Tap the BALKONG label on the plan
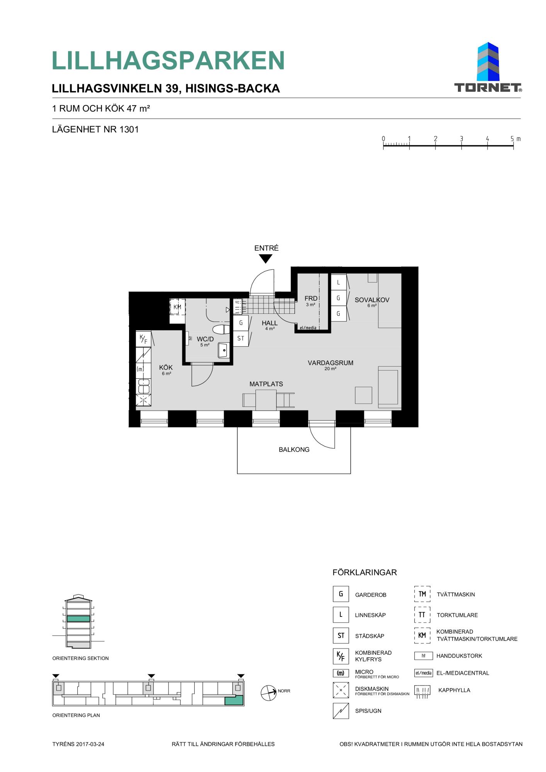click(x=294, y=450)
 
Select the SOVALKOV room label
click(x=372, y=300)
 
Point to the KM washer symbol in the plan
click(x=177, y=307)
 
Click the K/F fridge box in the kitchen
click(x=143, y=339)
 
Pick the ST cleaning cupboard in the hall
click(x=241, y=339)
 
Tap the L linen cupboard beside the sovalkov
click(x=338, y=282)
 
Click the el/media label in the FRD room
click(x=308, y=328)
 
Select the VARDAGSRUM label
click(x=330, y=363)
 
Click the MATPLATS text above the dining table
click(x=266, y=384)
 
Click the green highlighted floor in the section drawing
click(x=78, y=618)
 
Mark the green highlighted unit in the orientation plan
click(x=234, y=701)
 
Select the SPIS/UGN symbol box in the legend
click(x=341, y=711)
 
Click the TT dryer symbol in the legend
click(x=422, y=615)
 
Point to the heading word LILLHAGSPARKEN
click(x=168, y=61)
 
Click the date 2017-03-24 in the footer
click(x=90, y=744)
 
